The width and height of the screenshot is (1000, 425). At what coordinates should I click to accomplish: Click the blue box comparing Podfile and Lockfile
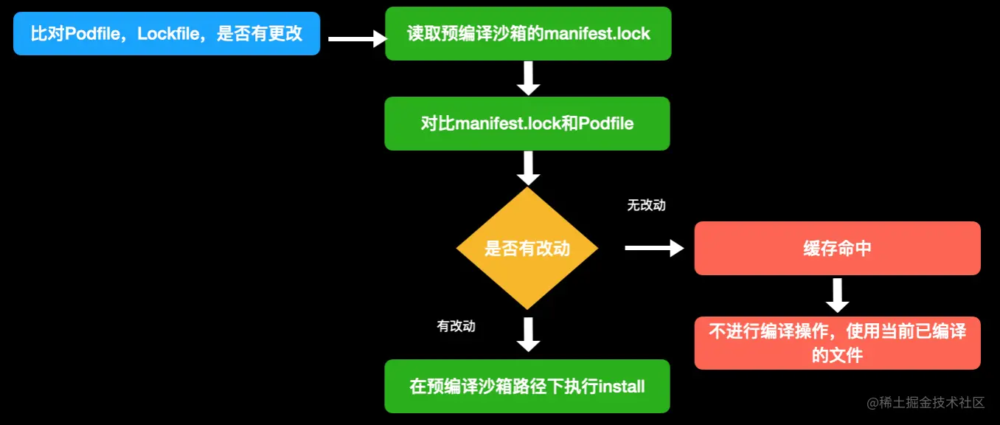[x=167, y=34]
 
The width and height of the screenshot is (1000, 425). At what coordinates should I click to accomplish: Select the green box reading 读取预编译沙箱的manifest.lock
[x=528, y=34]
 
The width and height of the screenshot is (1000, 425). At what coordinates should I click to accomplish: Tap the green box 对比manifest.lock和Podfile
[x=527, y=123]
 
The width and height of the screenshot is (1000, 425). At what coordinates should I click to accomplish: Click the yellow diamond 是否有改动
[x=527, y=249]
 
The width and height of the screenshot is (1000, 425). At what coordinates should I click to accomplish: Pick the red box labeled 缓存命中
[x=837, y=249]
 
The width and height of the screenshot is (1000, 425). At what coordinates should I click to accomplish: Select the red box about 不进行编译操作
[x=837, y=343]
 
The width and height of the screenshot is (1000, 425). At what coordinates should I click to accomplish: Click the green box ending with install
[x=527, y=386]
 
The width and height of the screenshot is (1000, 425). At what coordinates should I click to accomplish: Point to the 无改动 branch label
[x=646, y=205]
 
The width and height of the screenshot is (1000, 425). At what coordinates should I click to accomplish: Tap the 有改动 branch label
[x=456, y=326]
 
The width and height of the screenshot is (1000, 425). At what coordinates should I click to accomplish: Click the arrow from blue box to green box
[x=357, y=39]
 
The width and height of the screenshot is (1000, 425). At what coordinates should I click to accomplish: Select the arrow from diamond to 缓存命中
[x=654, y=249]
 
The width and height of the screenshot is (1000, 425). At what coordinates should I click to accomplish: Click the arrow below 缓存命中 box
[x=837, y=296]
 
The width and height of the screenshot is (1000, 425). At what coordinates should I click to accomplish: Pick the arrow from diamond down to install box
[x=528, y=334]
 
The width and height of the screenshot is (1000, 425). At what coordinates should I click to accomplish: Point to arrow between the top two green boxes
[x=528, y=78]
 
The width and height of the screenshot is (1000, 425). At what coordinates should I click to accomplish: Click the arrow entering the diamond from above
[x=528, y=168]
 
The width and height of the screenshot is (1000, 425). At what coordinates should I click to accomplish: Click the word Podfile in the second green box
[x=606, y=123]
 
